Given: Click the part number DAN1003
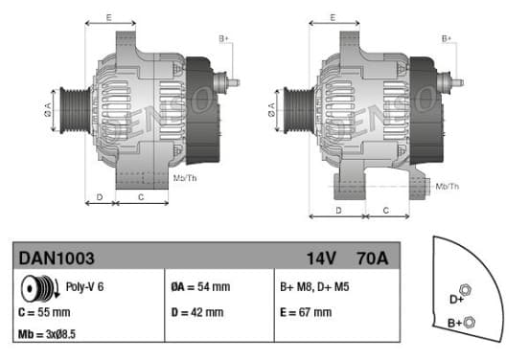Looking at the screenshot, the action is click(57, 259).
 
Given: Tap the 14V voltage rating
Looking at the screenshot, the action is click(321, 259).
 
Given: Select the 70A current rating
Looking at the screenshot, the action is click(373, 259).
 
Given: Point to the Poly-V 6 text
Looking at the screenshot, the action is click(84, 287).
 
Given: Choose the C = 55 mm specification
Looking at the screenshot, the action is click(44, 312).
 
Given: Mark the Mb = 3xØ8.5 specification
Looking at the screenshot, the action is click(47, 334).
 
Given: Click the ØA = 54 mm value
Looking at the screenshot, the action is click(200, 287).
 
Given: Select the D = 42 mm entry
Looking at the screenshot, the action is click(197, 312).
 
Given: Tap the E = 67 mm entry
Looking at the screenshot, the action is click(306, 312).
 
